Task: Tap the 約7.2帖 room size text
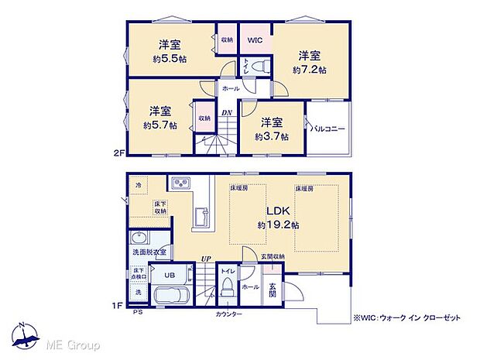click(x=310, y=70)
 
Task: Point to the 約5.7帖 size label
click(x=159, y=124)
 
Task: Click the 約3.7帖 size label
click(x=272, y=136)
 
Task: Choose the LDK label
click(x=278, y=211)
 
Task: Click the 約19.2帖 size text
click(x=276, y=225)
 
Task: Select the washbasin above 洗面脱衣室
click(x=140, y=238)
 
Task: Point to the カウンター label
click(x=228, y=314)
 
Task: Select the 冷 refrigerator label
click(x=139, y=185)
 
